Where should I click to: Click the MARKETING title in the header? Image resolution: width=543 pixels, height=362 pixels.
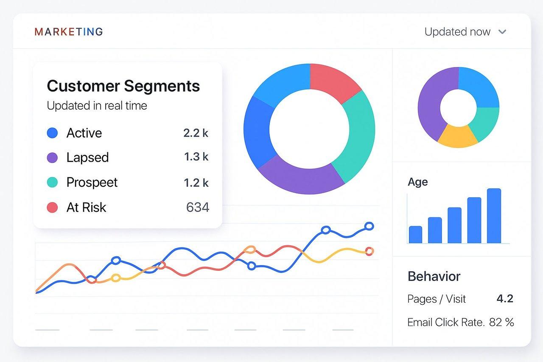tap(69, 32)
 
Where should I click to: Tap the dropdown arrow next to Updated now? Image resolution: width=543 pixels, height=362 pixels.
tap(502, 32)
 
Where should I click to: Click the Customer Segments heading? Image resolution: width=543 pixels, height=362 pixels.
tap(123, 86)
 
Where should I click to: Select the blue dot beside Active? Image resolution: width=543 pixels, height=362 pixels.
tap(52, 133)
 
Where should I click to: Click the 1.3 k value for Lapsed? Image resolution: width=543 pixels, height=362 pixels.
tap(196, 157)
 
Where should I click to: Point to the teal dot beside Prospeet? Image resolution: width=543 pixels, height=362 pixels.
tap(52, 182)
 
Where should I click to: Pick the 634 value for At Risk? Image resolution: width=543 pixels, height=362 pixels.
tap(197, 208)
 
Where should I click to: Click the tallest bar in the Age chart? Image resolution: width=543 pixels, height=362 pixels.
tap(494, 216)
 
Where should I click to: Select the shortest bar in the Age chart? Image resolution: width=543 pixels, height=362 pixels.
tap(415, 234)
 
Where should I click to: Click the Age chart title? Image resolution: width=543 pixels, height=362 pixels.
tap(417, 182)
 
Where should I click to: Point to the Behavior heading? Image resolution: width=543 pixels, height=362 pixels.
tap(434, 276)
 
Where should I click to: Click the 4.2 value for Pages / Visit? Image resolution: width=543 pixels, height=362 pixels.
tap(505, 299)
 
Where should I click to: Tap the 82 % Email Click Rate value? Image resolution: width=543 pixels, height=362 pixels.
tap(501, 322)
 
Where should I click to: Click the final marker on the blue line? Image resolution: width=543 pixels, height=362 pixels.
tap(369, 226)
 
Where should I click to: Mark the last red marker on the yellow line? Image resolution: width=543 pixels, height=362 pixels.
tap(369, 251)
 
